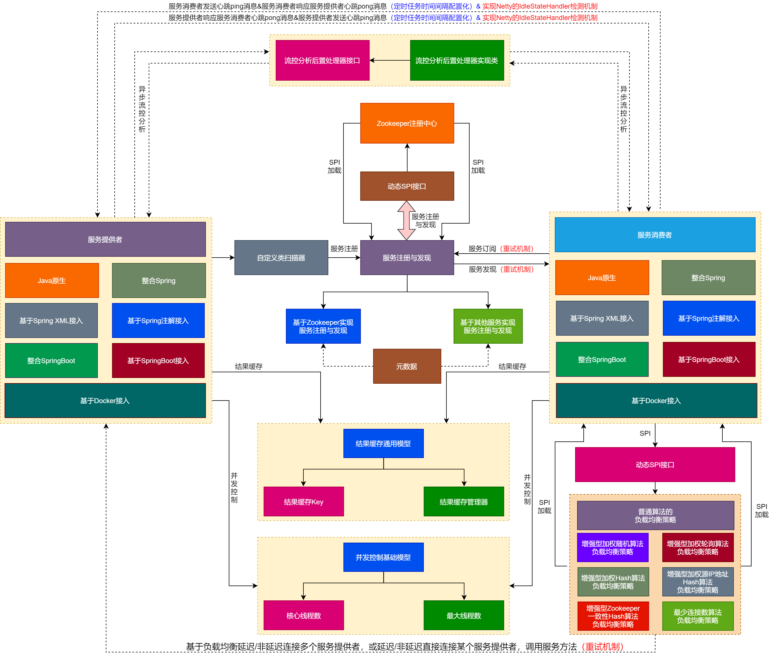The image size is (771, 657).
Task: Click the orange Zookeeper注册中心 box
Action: click(x=407, y=123)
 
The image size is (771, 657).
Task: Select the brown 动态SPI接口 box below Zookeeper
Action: click(x=407, y=186)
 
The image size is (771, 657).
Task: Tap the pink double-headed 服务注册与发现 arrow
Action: click(x=406, y=220)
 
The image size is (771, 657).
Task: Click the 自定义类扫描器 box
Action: click(x=281, y=257)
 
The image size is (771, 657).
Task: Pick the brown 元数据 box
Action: click(x=407, y=366)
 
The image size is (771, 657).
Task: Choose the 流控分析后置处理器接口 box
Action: click(x=322, y=60)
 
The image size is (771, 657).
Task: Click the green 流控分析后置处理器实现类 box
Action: click(x=457, y=60)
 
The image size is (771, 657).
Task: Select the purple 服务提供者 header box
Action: click(x=105, y=239)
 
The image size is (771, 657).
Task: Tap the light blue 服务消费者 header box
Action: click(x=655, y=235)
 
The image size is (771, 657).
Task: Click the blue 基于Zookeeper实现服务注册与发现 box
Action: click(x=323, y=326)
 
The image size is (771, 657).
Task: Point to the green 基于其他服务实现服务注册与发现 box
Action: click(x=488, y=326)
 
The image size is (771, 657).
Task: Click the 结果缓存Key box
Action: click(x=303, y=501)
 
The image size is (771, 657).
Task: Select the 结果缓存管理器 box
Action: click(x=464, y=501)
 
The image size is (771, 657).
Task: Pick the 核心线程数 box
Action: click(x=303, y=615)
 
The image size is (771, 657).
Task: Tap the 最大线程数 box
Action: click(x=464, y=615)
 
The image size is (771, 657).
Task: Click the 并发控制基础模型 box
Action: click(x=383, y=557)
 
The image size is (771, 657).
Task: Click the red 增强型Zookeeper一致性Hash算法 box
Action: click(x=613, y=616)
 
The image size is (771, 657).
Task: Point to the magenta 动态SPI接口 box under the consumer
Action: click(x=655, y=464)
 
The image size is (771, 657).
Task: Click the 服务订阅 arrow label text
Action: click(x=482, y=248)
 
